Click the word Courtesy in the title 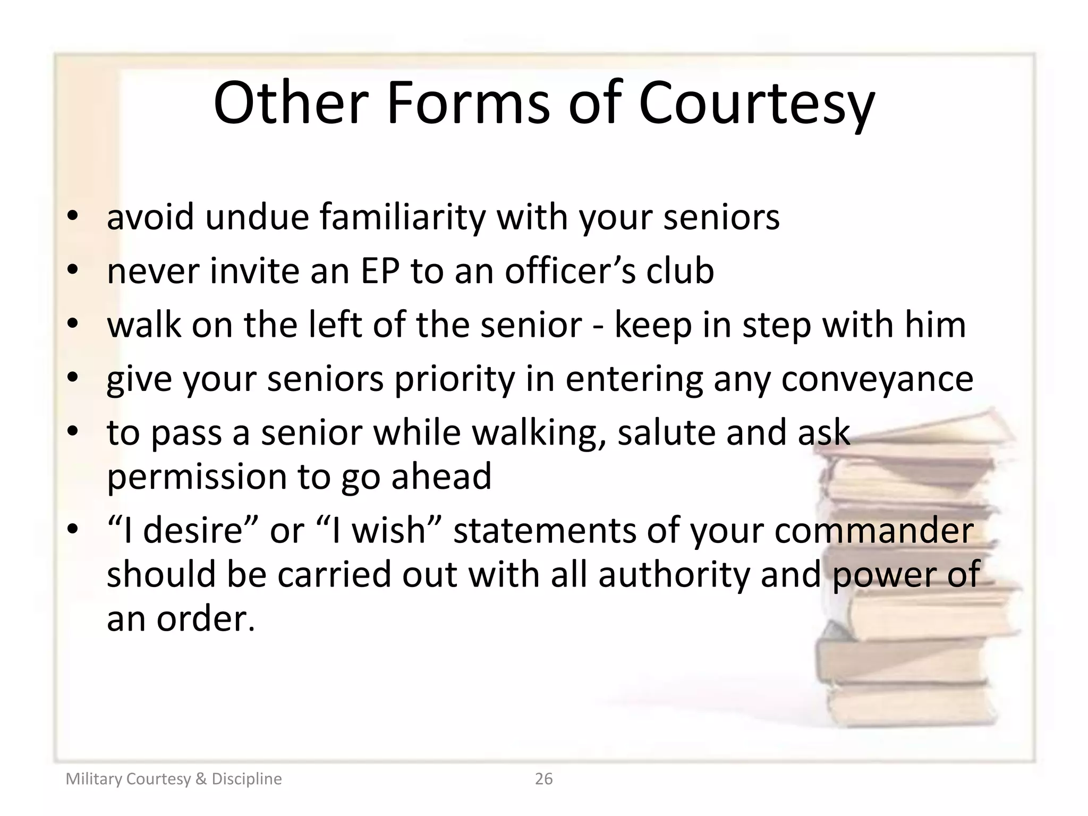pos(756,104)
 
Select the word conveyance pos(877,379)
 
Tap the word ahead pos(441,476)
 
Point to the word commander pos(874,530)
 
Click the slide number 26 pos(543,779)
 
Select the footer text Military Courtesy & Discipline pos(174,779)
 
